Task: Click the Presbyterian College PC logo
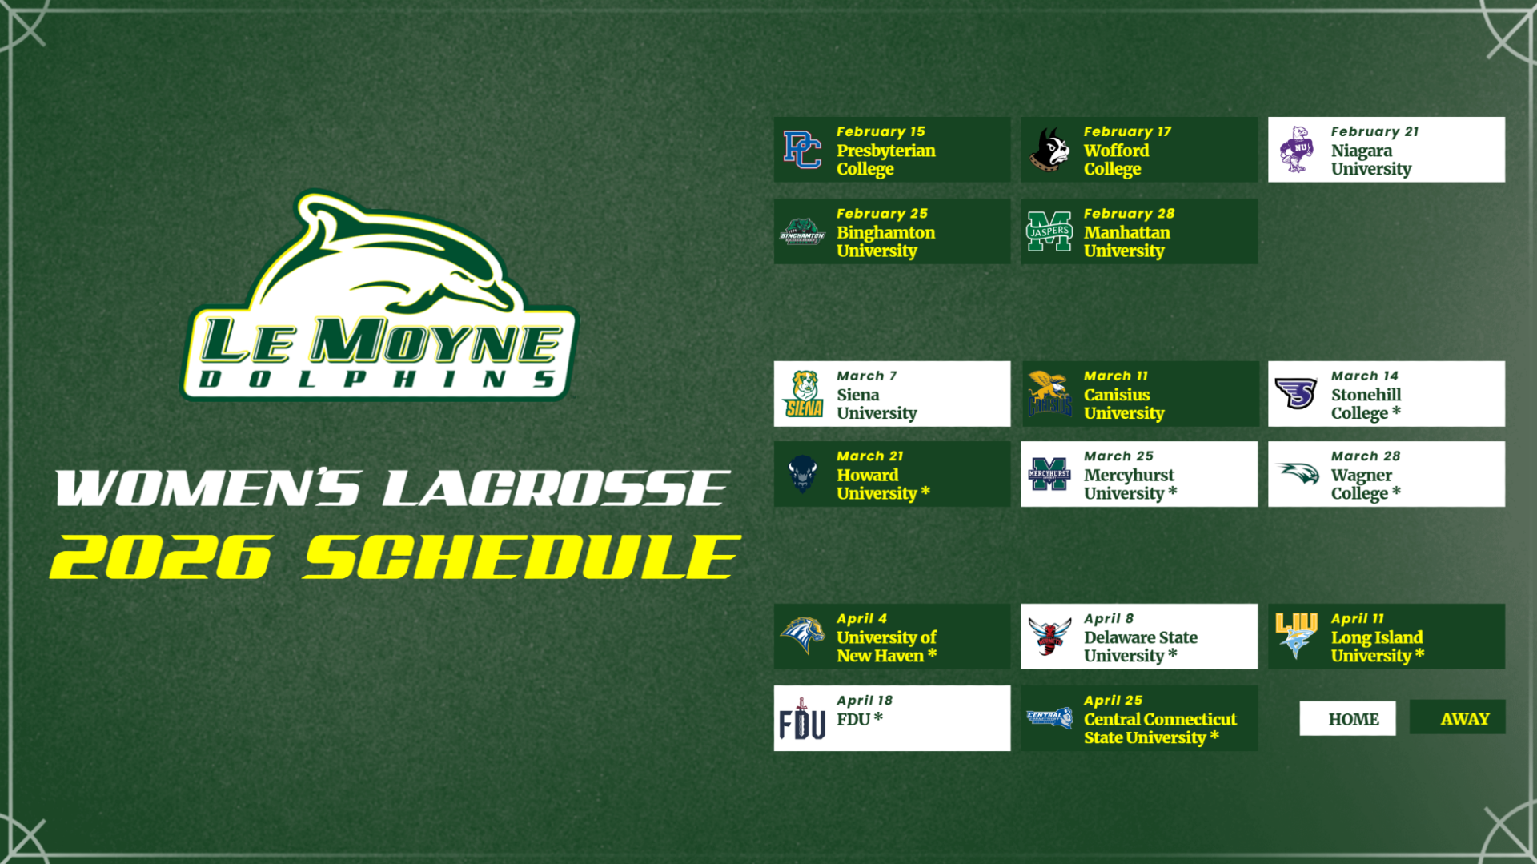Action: [802, 150]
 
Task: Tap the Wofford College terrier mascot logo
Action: [1049, 150]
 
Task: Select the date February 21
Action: [1374, 131]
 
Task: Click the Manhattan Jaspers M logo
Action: [1049, 231]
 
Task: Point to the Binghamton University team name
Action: [885, 241]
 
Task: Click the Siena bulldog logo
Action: [804, 394]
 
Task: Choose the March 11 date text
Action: [1115, 376]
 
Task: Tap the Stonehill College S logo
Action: [1295, 393]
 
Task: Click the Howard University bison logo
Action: [802, 474]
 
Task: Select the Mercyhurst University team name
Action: [1129, 484]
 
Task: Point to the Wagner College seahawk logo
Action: [1298, 473]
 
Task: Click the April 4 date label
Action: [861, 618]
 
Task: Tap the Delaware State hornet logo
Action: [1049, 637]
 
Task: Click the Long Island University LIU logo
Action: [1296, 635]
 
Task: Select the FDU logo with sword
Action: [802, 719]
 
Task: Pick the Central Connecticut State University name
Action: [1159, 728]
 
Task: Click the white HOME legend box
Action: [1347, 718]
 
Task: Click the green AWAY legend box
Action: [1457, 717]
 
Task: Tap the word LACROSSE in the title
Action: [556, 488]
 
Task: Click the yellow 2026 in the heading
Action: [161, 557]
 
